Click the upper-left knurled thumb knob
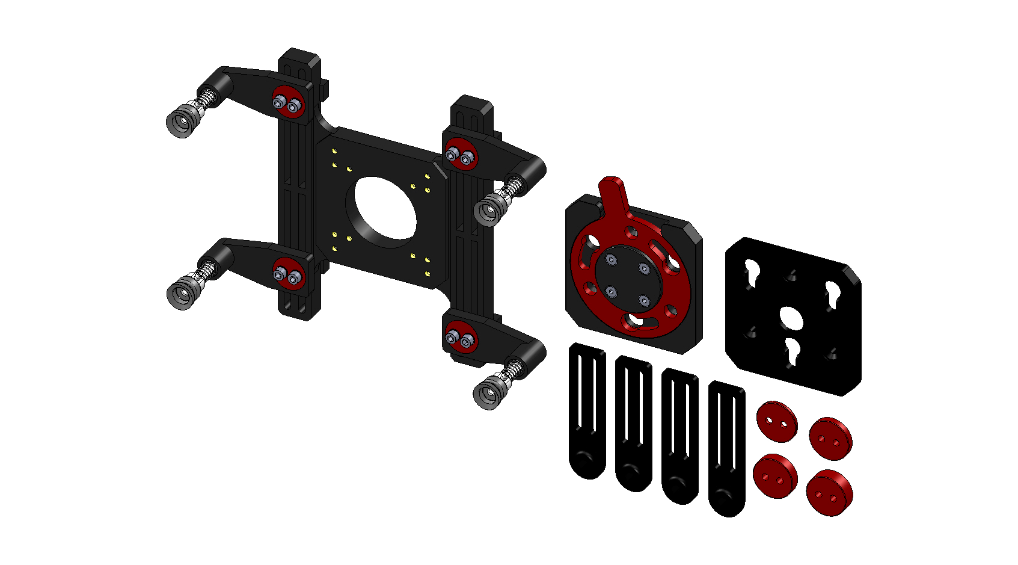click(182, 121)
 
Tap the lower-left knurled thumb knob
click(182, 293)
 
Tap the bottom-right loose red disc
click(829, 492)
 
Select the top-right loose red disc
click(830, 438)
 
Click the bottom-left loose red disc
click(775, 475)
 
